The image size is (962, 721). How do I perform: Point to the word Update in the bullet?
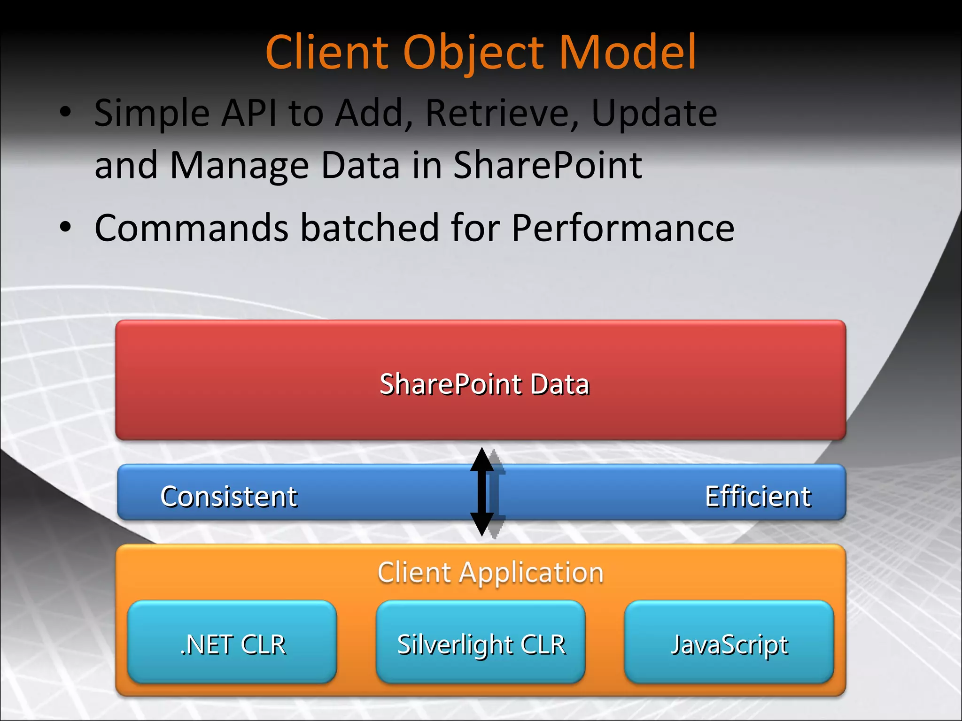[654, 114]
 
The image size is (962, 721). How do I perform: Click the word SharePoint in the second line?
[547, 165]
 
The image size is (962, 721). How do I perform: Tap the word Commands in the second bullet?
[192, 228]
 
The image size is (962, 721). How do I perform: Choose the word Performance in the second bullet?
[622, 228]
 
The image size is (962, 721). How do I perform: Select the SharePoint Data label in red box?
[484, 384]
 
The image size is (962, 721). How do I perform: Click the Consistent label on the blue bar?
[229, 496]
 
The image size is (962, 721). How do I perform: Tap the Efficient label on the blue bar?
[758, 496]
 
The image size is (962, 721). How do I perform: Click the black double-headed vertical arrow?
[481, 491]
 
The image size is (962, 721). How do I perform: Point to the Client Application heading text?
[490, 572]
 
